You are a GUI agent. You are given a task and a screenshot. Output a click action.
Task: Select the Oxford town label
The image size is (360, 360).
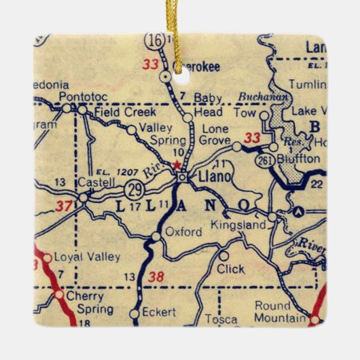[x=183, y=232]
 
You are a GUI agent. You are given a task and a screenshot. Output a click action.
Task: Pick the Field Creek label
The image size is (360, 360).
[x=126, y=111]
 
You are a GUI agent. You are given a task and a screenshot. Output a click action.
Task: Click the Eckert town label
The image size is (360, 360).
[x=161, y=312]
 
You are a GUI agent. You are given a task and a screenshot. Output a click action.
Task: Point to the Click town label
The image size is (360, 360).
[x=230, y=269]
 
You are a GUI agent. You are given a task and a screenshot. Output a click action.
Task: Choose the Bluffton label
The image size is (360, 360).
[x=298, y=158]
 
